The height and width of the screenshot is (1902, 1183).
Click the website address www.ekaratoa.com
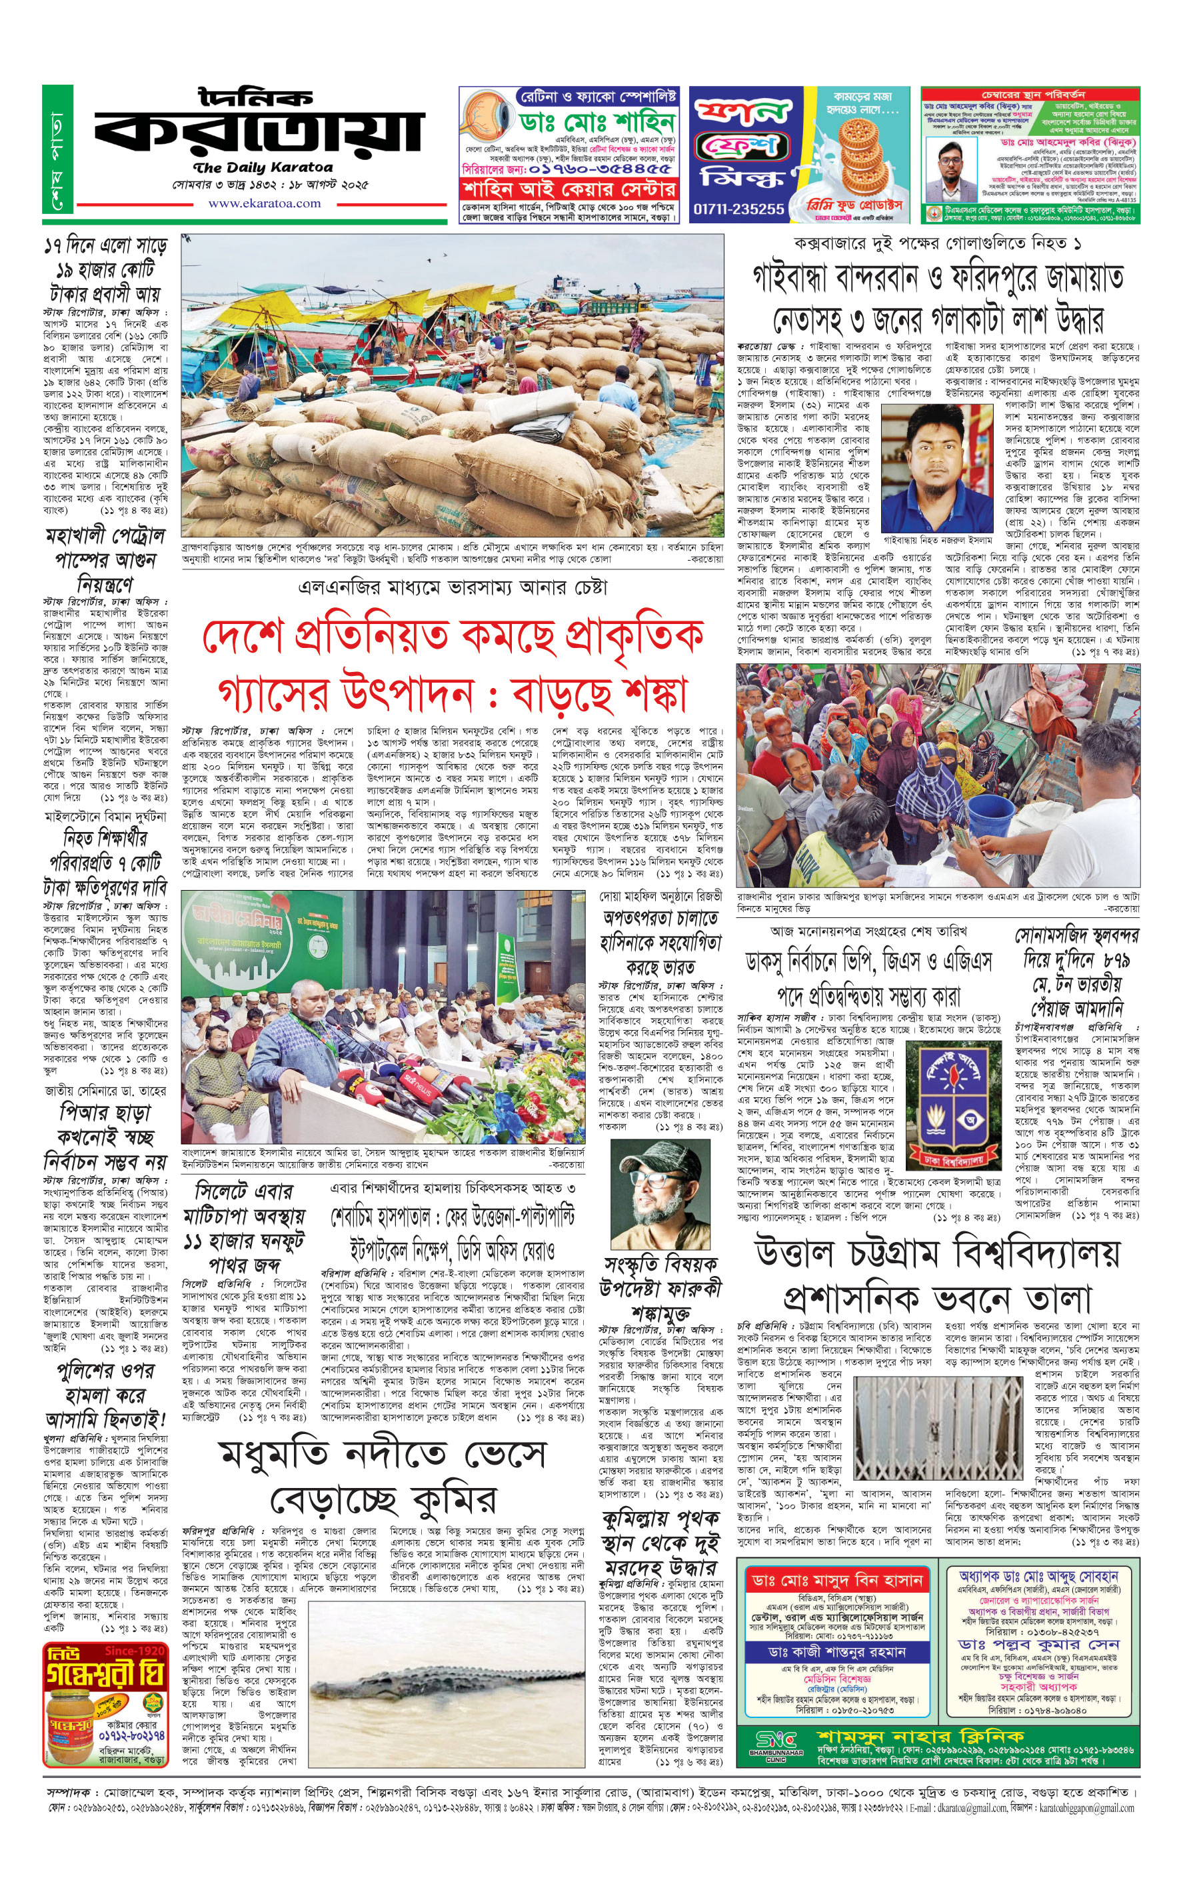tap(264, 203)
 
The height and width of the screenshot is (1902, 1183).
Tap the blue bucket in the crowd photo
tap(990, 819)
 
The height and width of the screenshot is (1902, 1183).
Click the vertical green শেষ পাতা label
tap(59, 149)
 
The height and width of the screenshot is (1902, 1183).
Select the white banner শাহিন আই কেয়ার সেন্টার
tap(568, 189)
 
